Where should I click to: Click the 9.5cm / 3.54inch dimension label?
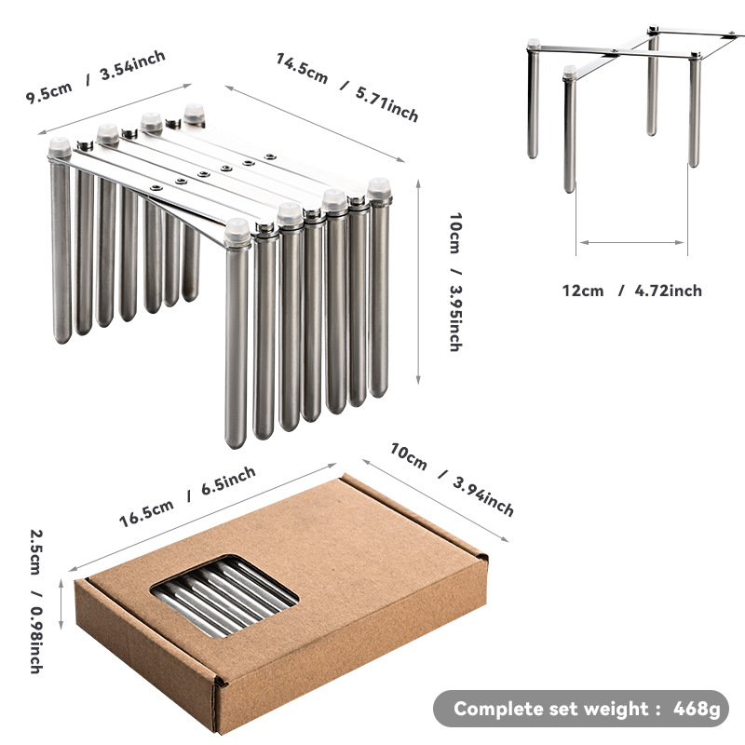(x=96, y=76)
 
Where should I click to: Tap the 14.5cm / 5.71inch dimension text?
(x=346, y=88)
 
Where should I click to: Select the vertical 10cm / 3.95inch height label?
(x=455, y=282)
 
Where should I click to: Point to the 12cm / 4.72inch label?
(x=632, y=291)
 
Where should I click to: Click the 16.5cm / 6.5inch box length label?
(x=187, y=496)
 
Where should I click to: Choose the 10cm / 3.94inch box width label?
(x=452, y=480)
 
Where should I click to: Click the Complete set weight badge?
(x=580, y=709)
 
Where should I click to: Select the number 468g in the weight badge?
(x=697, y=709)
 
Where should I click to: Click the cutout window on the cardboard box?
(x=223, y=595)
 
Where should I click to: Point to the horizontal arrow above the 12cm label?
(x=632, y=242)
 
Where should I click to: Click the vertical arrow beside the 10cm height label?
(x=418, y=282)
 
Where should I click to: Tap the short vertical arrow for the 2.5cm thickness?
(x=61, y=604)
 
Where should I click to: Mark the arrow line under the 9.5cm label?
(x=115, y=109)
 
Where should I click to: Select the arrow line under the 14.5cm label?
(x=315, y=124)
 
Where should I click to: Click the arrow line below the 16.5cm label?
(x=202, y=518)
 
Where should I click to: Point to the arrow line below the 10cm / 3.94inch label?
(x=435, y=500)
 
